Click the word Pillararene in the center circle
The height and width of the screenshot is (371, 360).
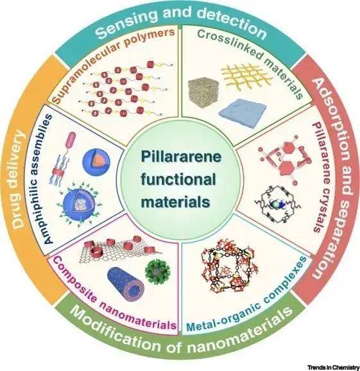[181, 157]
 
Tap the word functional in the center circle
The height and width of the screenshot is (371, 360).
[178, 180]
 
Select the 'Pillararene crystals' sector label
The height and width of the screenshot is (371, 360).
[320, 177]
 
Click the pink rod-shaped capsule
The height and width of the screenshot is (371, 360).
[71, 141]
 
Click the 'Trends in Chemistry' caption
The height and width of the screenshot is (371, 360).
[333, 367]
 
